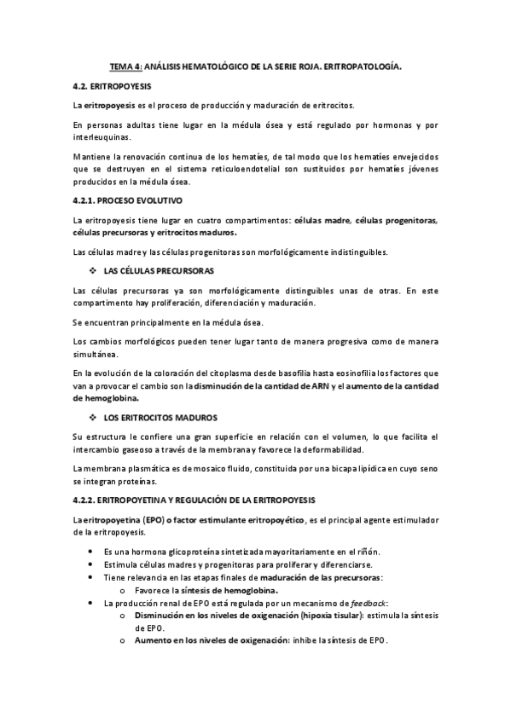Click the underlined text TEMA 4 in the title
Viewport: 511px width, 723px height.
126,64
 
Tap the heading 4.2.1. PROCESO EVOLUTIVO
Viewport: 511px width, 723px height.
126,200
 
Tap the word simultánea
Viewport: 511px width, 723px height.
96,354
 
